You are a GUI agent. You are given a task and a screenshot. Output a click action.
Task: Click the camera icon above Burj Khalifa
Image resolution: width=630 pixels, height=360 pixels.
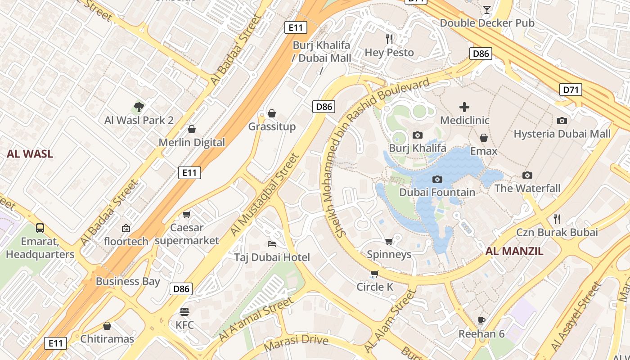click(418, 135)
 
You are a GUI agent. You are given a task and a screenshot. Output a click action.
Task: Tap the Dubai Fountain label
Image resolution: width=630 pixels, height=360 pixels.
click(437, 192)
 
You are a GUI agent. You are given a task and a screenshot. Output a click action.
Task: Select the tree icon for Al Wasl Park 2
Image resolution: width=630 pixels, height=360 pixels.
click(139, 107)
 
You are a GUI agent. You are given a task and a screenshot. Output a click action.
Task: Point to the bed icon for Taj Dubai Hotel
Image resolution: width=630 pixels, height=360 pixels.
click(272, 243)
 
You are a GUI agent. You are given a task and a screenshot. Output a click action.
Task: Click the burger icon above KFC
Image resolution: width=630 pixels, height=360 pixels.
click(184, 311)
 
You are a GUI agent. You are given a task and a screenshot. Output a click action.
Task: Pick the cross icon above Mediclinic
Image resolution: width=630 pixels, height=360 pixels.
click(464, 107)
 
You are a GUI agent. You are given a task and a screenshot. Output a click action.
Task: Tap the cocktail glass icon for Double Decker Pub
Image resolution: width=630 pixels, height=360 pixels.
click(487, 9)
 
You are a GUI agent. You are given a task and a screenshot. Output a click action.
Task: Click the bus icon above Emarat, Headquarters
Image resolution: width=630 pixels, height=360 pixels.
click(40, 228)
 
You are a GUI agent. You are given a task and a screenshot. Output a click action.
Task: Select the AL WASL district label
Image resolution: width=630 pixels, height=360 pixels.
click(30, 154)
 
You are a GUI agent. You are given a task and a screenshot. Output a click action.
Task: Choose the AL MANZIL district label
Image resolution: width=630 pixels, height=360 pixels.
click(514, 251)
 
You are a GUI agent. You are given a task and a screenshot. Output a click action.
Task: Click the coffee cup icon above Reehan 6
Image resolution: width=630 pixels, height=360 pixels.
click(481, 320)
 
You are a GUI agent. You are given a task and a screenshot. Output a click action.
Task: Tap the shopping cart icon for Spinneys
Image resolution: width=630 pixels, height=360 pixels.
click(389, 241)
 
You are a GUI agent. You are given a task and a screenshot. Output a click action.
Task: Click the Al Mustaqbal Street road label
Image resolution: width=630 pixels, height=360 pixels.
click(265, 194)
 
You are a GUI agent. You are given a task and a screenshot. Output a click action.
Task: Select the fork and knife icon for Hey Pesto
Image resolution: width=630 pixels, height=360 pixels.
click(389, 39)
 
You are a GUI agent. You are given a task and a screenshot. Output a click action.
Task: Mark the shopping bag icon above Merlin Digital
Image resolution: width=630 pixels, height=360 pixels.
click(192, 130)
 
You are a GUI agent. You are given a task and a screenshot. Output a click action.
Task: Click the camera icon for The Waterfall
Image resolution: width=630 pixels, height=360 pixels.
click(527, 175)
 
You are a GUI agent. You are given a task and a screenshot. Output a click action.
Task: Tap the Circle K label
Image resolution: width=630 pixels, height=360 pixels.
click(375, 287)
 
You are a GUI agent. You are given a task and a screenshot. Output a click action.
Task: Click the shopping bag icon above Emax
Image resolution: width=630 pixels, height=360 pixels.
click(484, 138)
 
